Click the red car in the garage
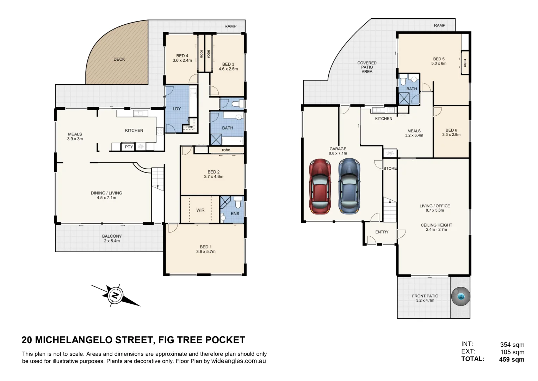click(x=320, y=187)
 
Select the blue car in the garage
click(x=349, y=187)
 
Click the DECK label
click(x=119, y=59)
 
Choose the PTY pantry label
click(x=129, y=147)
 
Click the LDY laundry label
click(x=177, y=109)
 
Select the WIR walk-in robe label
click(x=200, y=210)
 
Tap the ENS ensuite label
click(x=235, y=213)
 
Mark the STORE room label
click(x=390, y=169)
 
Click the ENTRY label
click(x=382, y=232)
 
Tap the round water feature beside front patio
click(x=461, y=297)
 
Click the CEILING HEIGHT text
click(x=436, y=225)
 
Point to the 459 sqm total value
click(x=512, y=359)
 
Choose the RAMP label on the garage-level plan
click(x=439, y=25)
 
